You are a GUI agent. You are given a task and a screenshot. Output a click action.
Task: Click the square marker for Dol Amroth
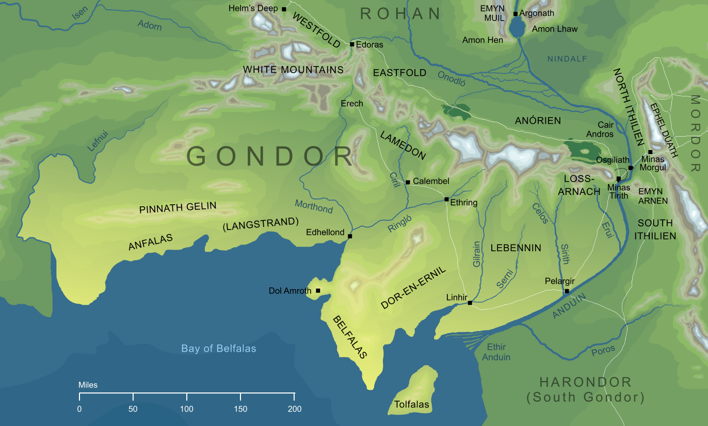pos(318,291)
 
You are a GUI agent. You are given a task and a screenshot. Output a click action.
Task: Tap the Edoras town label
pos(369,45)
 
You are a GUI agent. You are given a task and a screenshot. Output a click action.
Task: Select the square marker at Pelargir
pos(567,291)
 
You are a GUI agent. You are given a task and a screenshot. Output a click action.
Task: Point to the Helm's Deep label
pos(253,9)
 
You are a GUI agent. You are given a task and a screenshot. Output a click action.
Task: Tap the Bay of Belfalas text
pos(218,349)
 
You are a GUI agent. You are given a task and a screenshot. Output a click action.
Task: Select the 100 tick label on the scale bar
pos(187,409)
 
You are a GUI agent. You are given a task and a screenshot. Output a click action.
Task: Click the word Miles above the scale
pos(88,385)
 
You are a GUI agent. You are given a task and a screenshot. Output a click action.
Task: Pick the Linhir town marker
pos(470,303)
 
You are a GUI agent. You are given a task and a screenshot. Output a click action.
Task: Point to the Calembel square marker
pos(408,182)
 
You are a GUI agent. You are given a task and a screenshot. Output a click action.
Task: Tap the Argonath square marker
pos(516,14)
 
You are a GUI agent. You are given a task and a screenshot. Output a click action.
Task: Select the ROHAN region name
pos(400,14)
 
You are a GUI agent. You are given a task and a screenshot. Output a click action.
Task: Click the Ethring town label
pos(463,203)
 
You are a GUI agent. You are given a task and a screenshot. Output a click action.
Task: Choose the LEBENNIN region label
pos(516,248)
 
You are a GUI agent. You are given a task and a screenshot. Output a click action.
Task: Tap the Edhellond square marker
pos(350,236)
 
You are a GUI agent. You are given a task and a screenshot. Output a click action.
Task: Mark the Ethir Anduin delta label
pos(496,352)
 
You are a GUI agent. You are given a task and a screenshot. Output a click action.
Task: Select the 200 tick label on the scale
pos(294,409)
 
